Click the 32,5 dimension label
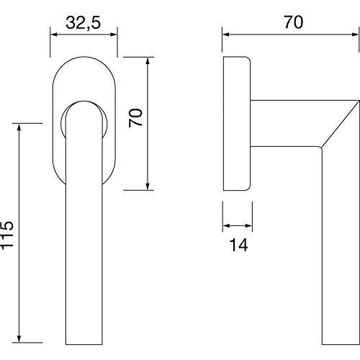pos(84,23)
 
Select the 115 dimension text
pos(7,235)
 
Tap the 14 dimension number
pos(238,245)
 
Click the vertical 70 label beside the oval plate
pos(135,117)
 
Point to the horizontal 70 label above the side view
pos(294,22)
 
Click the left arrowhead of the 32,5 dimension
pos(54,35)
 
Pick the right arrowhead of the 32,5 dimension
pos(114,35)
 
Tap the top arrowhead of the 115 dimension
pos(19,127)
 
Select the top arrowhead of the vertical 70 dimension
pos(148,61)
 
